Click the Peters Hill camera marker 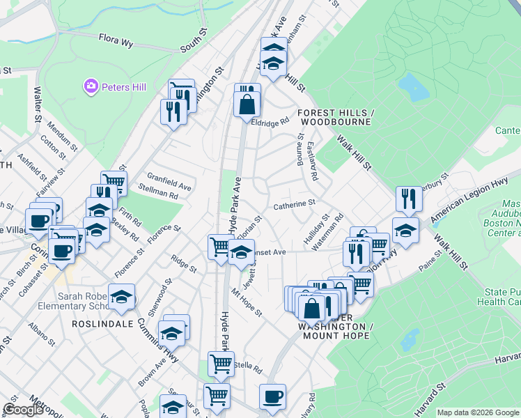91,87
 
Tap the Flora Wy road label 116,41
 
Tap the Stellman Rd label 158,196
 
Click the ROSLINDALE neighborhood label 101,324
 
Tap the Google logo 24,410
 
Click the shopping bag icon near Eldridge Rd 247,104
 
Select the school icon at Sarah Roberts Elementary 121,297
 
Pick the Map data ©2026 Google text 478,412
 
